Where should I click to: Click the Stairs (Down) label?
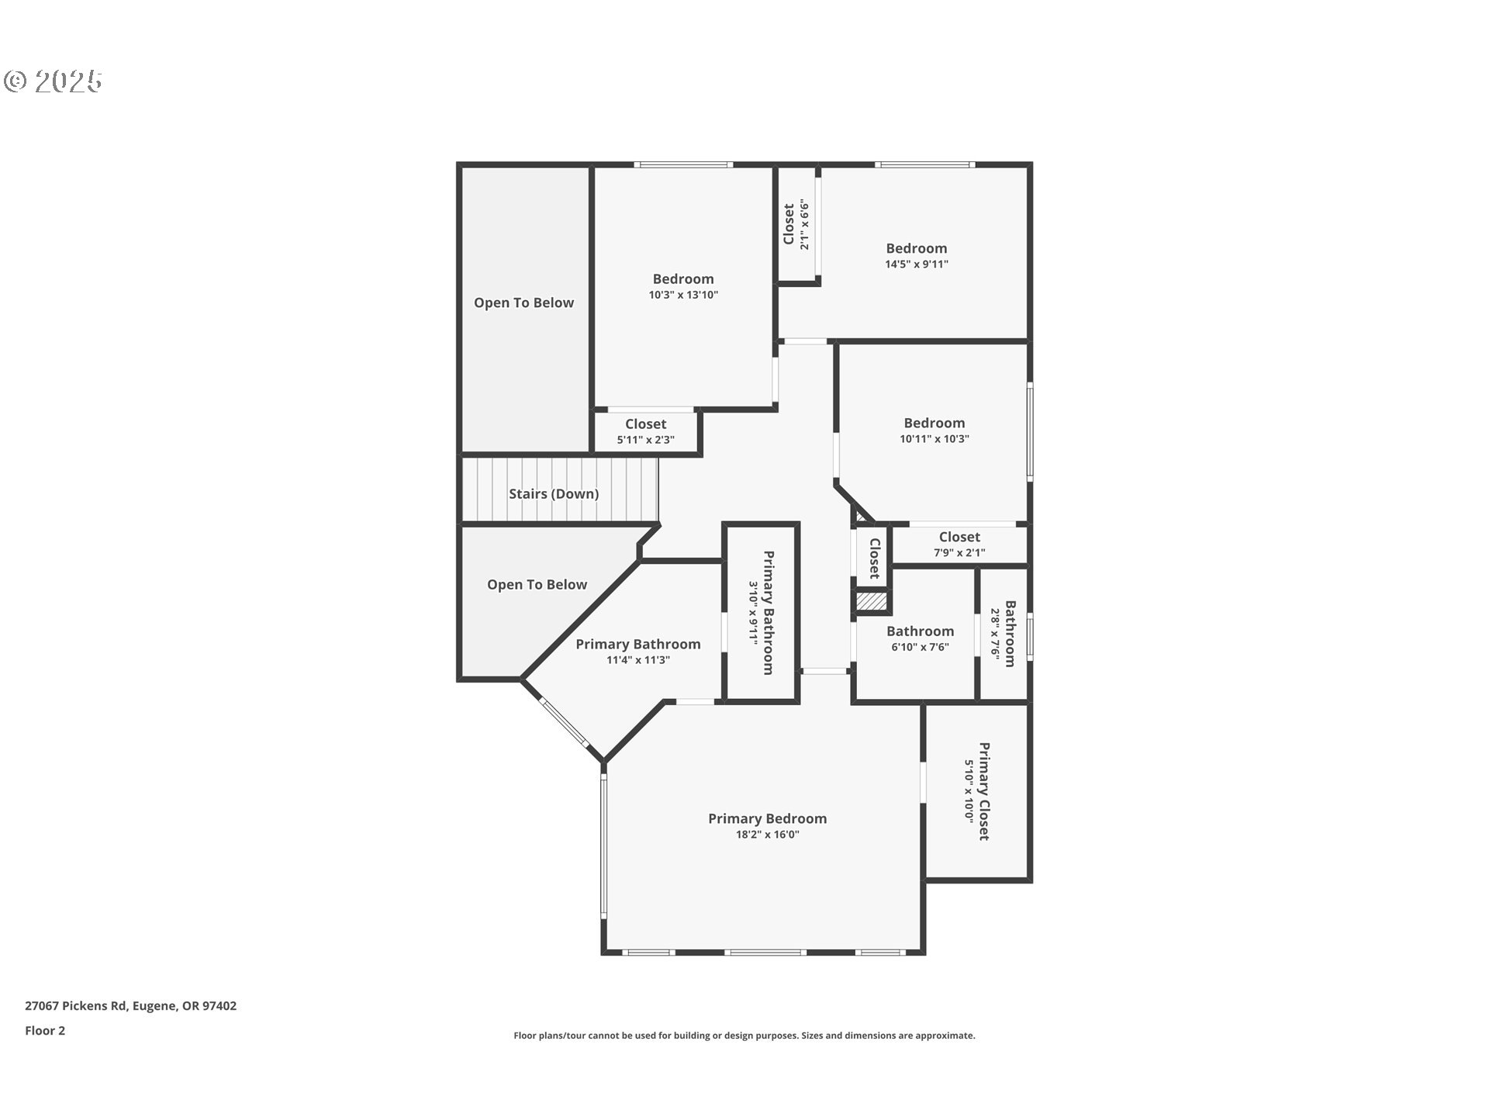tap(553, 494)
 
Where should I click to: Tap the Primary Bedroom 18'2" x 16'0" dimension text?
tap(767, 835)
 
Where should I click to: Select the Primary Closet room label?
tap(983, 791)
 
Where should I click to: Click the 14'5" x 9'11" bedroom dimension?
tap(916, 265)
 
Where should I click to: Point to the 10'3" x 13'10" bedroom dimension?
tap(683, 295)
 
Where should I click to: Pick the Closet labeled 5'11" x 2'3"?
tap(645, 431)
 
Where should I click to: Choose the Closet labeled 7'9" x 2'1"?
tap(959, 544)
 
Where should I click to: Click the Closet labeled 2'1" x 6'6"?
tap(796, 225)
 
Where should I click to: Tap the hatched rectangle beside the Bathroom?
tap(871, 601)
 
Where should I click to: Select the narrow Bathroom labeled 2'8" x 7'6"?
tap(1004, 633)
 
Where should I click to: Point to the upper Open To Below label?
tap(523, 303)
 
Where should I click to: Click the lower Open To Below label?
tap(537, 585)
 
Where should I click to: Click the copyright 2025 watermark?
tap(53, 81)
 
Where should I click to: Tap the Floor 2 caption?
tap(45, 1031)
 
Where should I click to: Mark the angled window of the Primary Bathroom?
tap(564, 724)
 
